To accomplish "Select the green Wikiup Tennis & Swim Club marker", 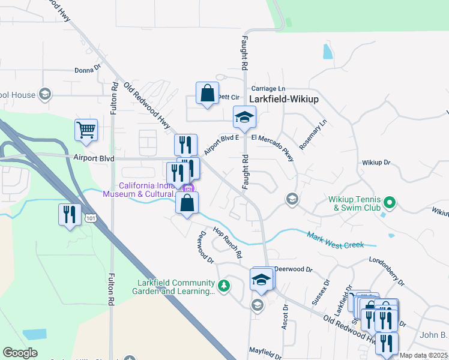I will click(390, 202).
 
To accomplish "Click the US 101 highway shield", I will click(89, 214).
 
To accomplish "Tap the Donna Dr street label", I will click(88, 70).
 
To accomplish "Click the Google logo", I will click(20, 353).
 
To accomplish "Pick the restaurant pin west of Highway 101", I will click(70, 214).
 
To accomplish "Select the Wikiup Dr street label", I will click(376, 163).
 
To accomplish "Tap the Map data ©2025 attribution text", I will click(423, 355).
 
